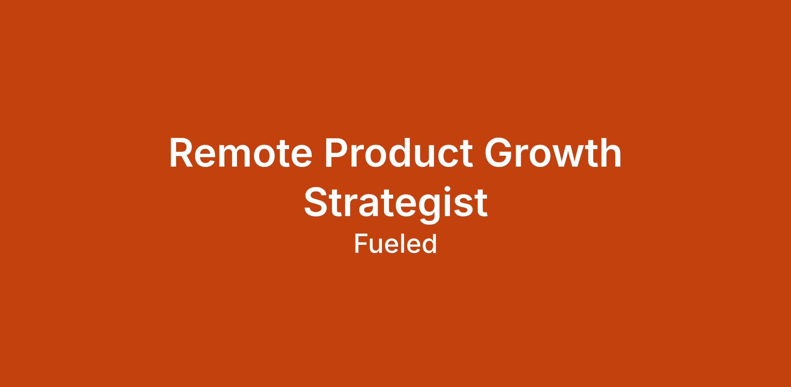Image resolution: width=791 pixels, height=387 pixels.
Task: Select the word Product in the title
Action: [x=399, y=152]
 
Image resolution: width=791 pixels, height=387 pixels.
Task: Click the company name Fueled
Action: [x=395, y=244]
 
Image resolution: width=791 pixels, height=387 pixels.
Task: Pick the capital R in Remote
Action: [x=181, y=152]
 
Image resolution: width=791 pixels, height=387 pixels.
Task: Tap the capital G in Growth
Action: [x=499, y=152]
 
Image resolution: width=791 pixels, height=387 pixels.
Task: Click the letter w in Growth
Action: [x=573, y=156]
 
